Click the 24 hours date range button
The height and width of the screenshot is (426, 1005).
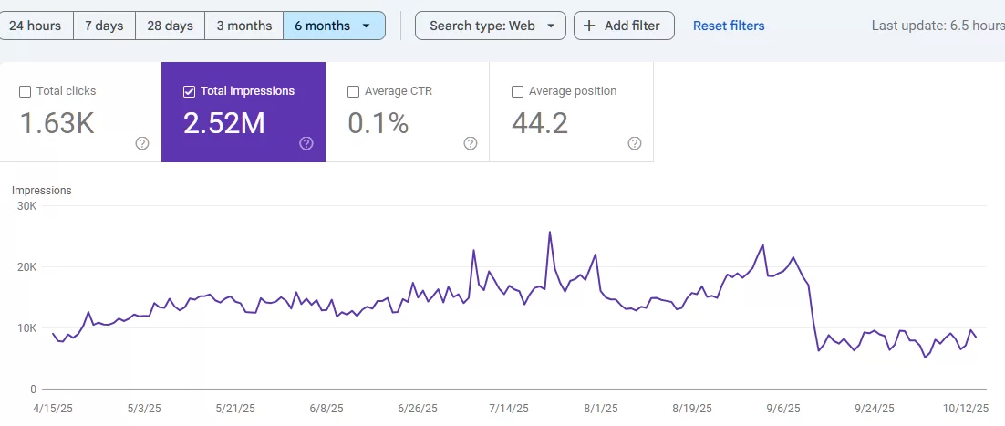pos(36,26)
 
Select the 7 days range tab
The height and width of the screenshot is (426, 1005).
pos(104,26)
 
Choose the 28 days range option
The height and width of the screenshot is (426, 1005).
pos(170,26)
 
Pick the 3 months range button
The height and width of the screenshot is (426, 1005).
pos(243,26)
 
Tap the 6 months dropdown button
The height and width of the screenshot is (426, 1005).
pos(334,26)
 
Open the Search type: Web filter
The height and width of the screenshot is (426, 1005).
pos(490,26)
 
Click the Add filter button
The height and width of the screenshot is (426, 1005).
pos(624,26)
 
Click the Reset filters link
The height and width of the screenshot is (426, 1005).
pos(729,26)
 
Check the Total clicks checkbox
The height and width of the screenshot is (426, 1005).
pos(26,91)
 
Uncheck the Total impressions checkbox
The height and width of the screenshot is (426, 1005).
pos(190,91)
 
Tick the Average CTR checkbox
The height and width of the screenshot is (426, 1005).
pos(354,91)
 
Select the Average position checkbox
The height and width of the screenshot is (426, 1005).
pos(518,91)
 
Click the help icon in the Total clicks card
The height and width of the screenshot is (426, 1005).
pos(142,143)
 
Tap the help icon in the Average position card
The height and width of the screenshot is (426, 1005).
pos(635,143)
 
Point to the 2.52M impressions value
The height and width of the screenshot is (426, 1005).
pos(223,123)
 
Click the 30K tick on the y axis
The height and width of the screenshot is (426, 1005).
pos(26,206)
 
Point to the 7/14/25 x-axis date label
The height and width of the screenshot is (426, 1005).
pos(512,408)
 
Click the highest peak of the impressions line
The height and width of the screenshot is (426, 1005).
pos(550,232)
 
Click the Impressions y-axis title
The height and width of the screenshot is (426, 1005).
pos(41,191)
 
